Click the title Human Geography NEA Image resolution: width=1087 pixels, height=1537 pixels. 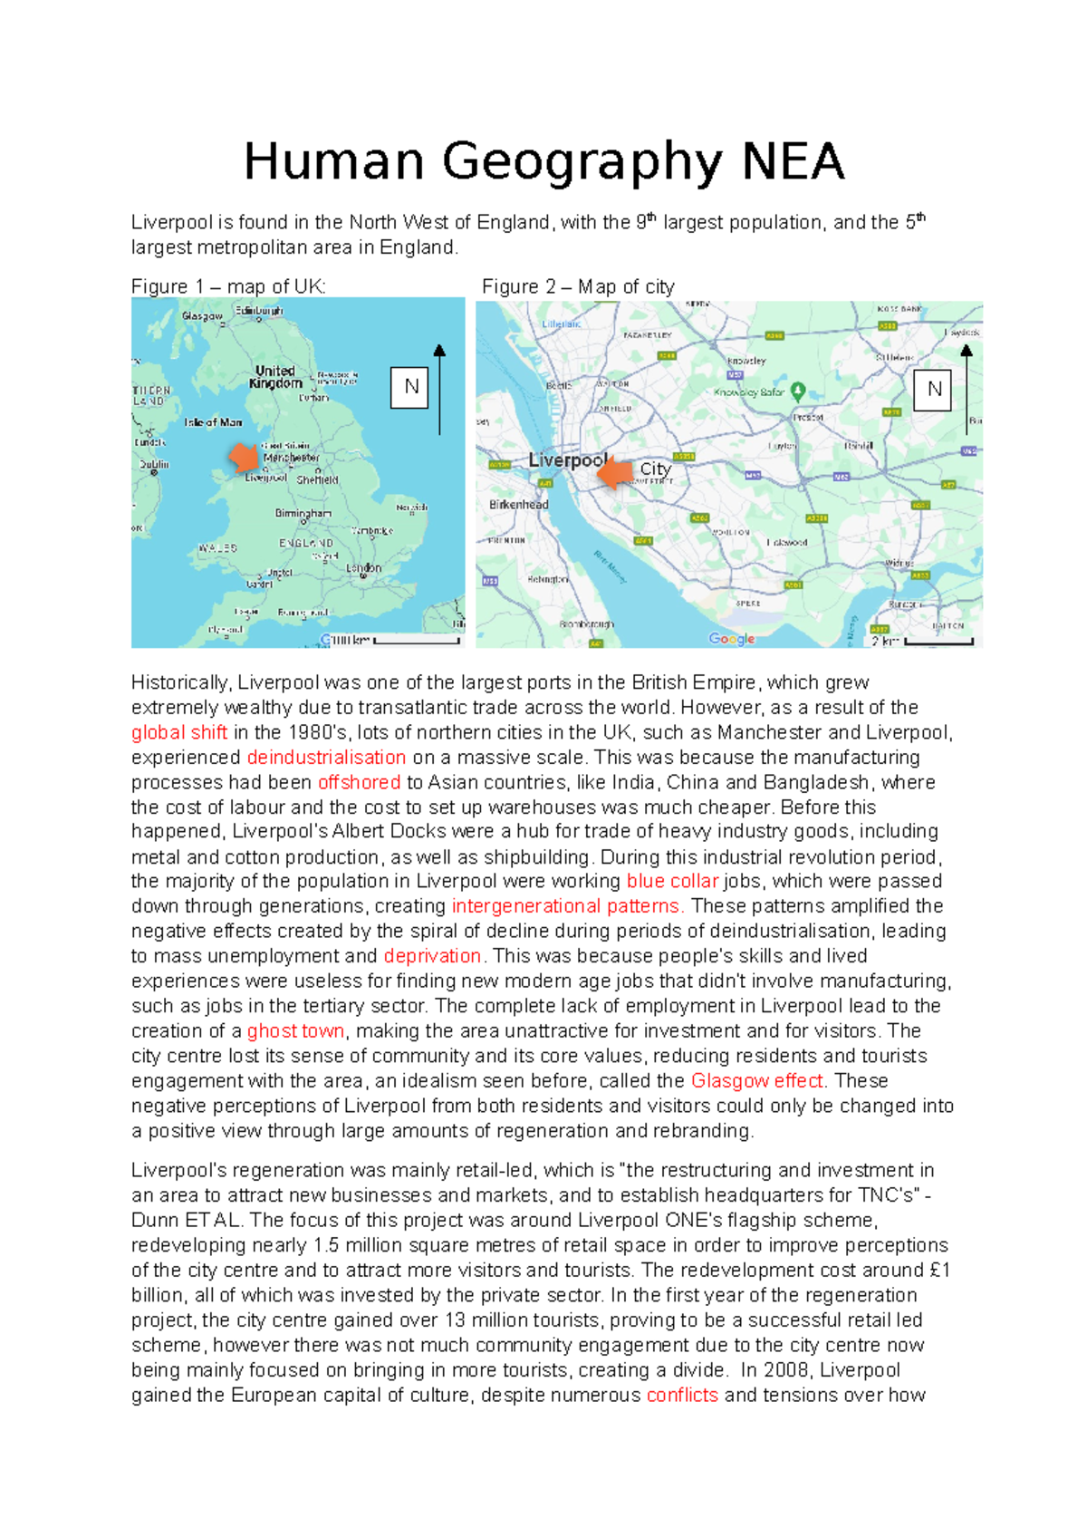[x=543, y=162]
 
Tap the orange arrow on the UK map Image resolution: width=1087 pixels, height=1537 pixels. [x=245, y=457]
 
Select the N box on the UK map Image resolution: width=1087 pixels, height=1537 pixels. [x=410, y=387]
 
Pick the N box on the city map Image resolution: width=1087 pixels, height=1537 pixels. [x=933, y=390]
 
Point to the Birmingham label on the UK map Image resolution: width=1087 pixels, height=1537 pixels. [x=303, y=513]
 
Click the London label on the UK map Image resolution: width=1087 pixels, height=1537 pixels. [x=363, y=568]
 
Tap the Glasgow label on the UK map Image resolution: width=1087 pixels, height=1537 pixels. [x=201, y=316]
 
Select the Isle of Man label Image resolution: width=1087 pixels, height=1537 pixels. [x=213, y=422]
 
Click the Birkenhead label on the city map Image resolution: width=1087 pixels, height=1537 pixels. [x=518, y=504]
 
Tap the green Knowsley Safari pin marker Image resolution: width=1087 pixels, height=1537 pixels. [x=798, y=391]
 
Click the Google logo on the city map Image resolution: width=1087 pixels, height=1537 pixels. [x=732, y=638]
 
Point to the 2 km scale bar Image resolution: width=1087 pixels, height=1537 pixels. [x=938, y=642]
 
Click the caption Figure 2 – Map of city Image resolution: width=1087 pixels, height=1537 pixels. [x=578, y=286]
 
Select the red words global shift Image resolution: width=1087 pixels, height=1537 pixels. [x=178, y=732]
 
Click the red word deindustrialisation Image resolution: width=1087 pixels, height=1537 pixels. [x=326, y=757]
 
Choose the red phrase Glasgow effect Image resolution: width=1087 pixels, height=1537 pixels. [x=756, y=1080]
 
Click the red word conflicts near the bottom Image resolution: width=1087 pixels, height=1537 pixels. [x=681, y=1395]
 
